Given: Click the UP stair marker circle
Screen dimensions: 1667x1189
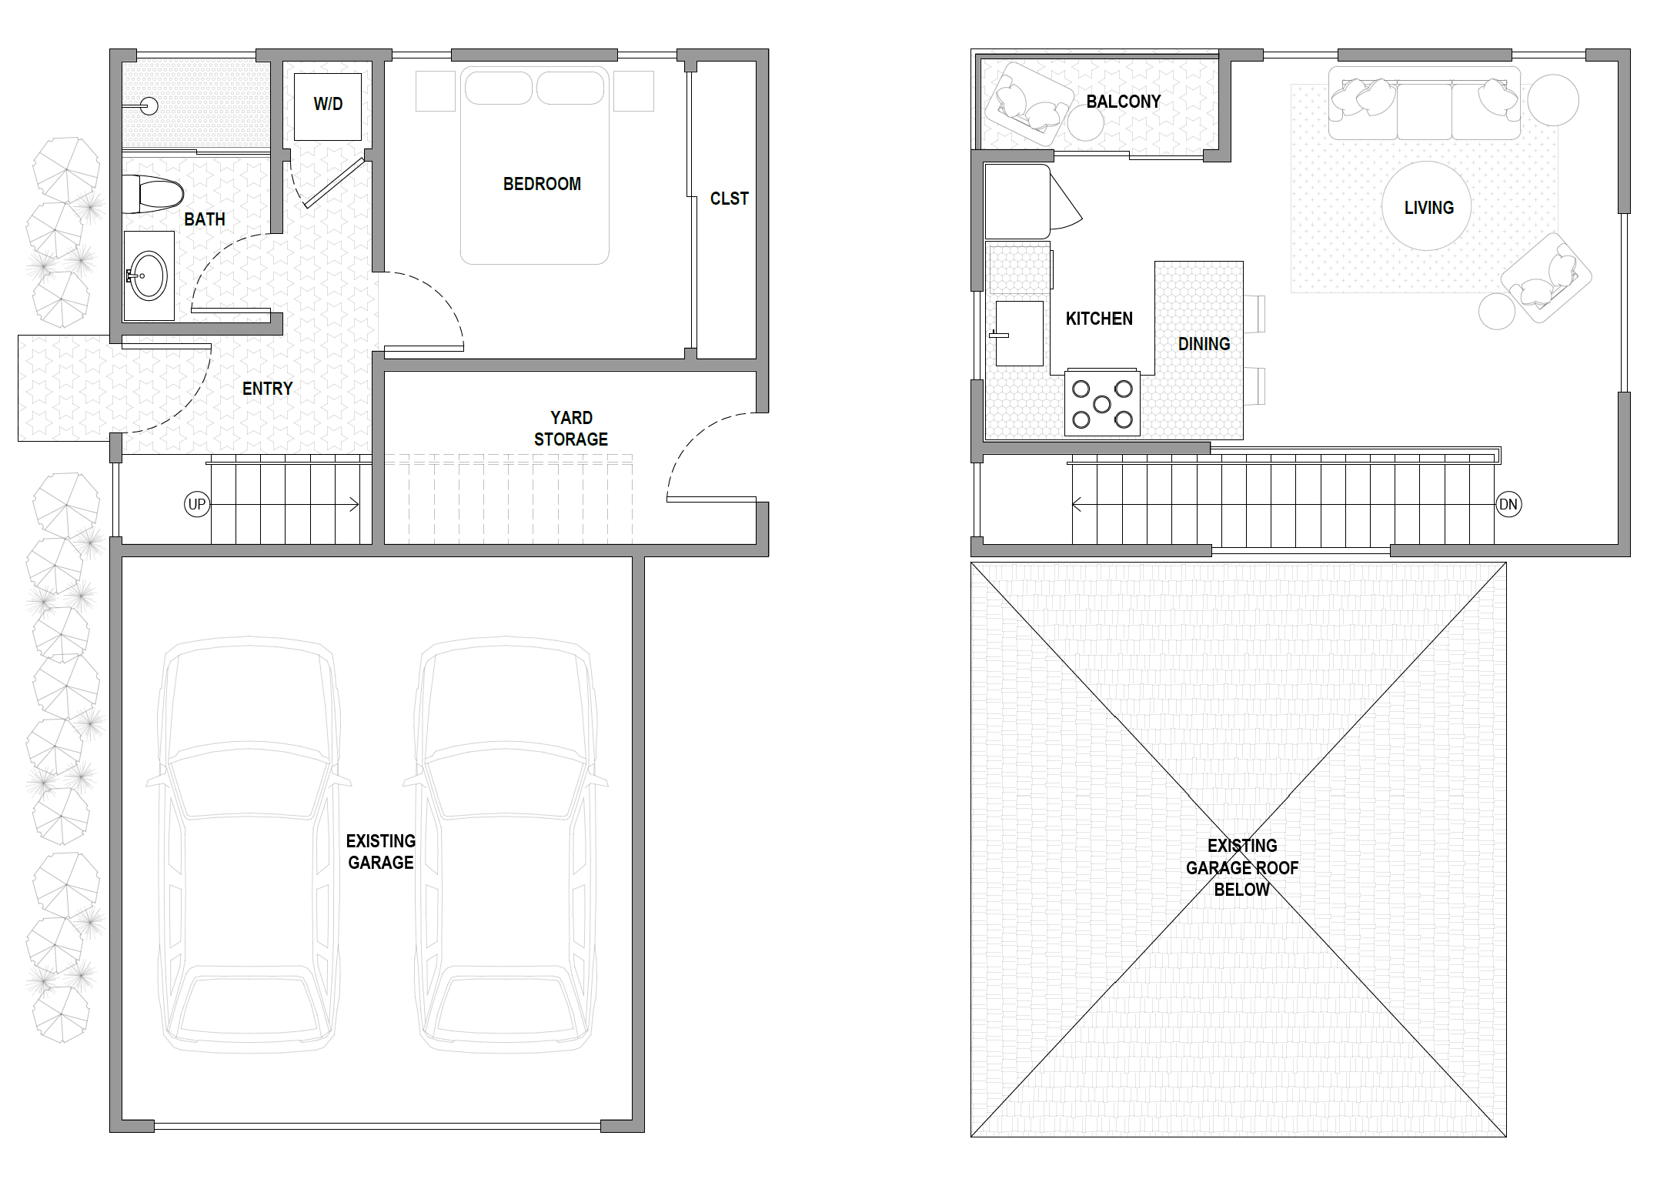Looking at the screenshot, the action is [x=197, y=505].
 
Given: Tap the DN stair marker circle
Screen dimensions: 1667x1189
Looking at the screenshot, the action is [x=1508, y=505].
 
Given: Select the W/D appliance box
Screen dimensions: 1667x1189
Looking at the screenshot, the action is [x=328, y=107].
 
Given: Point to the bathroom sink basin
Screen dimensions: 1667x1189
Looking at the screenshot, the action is [x=148, y=276].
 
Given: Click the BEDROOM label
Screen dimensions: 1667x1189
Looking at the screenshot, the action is [x=542, y=184].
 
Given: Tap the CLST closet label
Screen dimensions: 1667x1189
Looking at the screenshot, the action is [x=729, y=199].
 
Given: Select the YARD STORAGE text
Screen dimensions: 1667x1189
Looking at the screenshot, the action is [x=571, y=429].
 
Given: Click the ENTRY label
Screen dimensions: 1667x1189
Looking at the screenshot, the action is [x=267, y=389].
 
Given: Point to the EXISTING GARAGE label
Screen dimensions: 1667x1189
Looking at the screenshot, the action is [x=381, y=852].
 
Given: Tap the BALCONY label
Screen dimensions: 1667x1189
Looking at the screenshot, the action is [x=1123, y=102].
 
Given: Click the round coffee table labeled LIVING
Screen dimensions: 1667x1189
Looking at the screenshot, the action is [x=1427, y=206].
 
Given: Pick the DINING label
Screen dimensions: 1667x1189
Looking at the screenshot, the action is [x=1204, y=344].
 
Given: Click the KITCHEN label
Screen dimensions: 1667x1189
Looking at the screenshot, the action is [x=1099, y=319].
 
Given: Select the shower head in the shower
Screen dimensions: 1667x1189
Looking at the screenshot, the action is [x=148, y=105].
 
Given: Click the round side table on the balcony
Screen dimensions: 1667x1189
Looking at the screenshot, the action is [x=1085, y=123].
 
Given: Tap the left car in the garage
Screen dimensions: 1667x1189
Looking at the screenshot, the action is [x=248, y=844].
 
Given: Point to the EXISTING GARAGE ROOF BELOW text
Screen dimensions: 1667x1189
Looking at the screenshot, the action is [x=1241, y=867].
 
